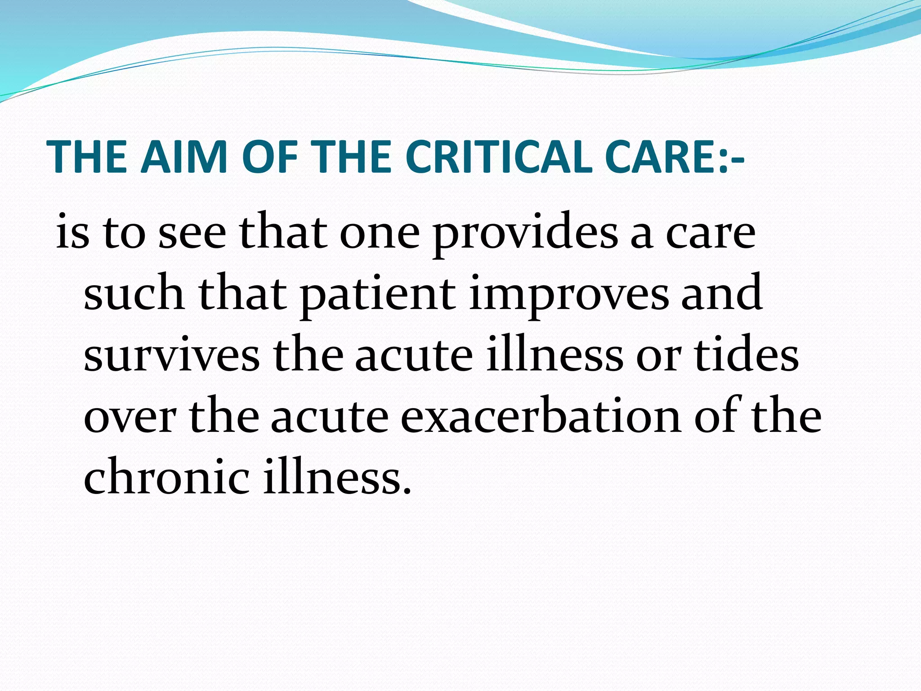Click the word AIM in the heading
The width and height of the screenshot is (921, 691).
pyautogui.click(x=183, y=157)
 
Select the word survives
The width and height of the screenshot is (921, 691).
pyautogui.click(x=171, y=356)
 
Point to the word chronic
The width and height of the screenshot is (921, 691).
pyautogui.click(x=166, y=477)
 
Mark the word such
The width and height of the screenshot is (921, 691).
pyautogui.click(x=134, y=295)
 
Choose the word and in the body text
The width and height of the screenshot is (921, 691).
pyautogui.click(x=721, y=295)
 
